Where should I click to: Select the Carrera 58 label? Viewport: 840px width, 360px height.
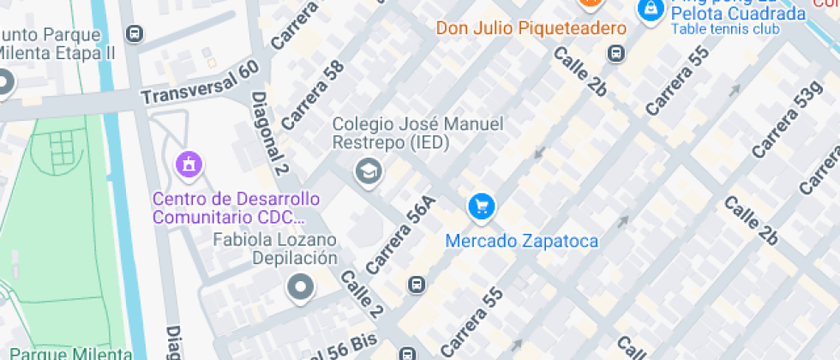(312, 94)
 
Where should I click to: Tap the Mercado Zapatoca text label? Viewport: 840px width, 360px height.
(521, 241)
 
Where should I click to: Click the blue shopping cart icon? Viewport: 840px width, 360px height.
(481, 206)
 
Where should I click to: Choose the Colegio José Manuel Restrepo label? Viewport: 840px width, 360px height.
(417, 133)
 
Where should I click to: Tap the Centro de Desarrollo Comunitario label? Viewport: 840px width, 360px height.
(236, 207)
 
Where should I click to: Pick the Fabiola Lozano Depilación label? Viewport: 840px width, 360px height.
(275, 249)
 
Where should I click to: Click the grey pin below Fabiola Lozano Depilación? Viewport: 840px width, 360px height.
(300, 288)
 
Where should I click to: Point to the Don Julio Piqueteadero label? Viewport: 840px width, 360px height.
(531, 28)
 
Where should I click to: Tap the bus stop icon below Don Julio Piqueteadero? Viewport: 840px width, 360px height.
(615, 53)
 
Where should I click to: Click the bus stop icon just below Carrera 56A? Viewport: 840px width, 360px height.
(416, 284)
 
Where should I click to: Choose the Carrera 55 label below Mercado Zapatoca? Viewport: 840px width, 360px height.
(470, 321)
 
